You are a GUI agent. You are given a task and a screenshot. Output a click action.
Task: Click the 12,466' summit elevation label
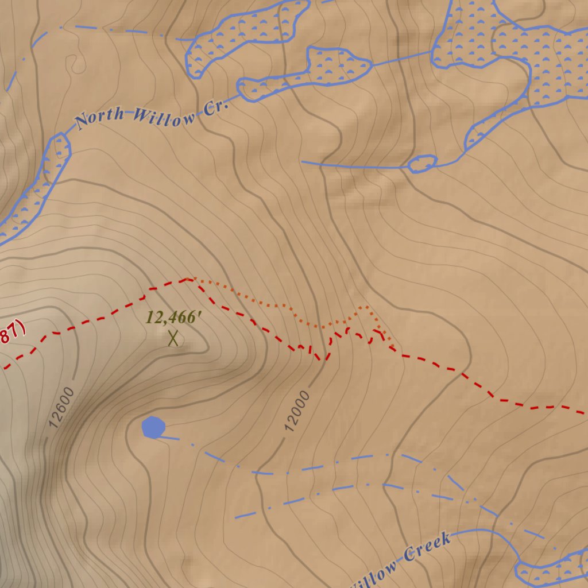point(173,317)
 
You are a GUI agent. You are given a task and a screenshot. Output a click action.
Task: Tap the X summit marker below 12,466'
point(173,338)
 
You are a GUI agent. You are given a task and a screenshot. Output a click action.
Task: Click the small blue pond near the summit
point(153,427)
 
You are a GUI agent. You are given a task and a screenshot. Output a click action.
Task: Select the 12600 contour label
point(61,408)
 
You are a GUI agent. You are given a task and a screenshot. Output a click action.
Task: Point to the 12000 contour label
point(297,411)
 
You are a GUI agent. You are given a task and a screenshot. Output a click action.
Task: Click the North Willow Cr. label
point(152,114)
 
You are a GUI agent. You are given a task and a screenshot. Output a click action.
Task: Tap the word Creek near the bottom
point(427,547)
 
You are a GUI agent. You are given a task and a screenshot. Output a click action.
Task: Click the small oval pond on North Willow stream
point(422,164)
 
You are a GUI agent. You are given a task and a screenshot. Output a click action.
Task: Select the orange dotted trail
point(276,303)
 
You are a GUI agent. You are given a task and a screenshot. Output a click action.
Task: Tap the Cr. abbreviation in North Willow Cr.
point(216,107)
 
